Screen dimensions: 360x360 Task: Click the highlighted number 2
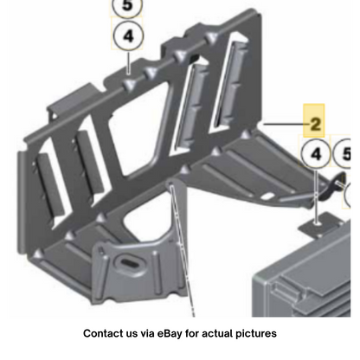(x=315, y=124)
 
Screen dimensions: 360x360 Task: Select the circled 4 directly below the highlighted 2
(x=315, y=154)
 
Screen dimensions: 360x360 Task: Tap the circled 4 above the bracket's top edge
(x=128, y=36)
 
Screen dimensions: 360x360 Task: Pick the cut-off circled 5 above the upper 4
(x=127, y=6)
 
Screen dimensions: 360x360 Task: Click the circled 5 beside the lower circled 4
(x=343, y=153)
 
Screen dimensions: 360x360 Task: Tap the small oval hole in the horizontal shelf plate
(x=268, y=196)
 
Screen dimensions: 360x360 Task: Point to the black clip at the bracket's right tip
(x=331, y=188)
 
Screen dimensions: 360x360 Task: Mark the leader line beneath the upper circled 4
(x=128, y=62)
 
